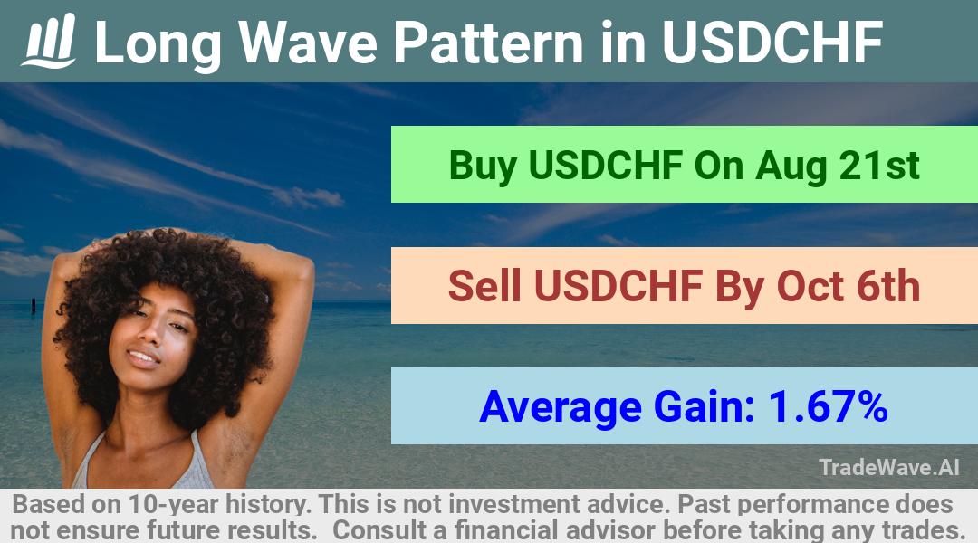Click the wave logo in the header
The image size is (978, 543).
(x=49, y=41)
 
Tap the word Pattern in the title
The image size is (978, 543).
(x=488, y=43)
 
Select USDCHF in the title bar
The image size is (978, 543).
(x=772, y=43)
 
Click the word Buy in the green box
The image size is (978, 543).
(x=483, y=167)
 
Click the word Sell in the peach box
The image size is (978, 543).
(x=484, y=286)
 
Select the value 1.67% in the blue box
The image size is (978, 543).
(x=828, y=406)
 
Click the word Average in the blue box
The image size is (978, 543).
(x=561, y=407)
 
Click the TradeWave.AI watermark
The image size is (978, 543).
(x=889, y=467)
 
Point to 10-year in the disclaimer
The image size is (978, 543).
(x=175, y=504)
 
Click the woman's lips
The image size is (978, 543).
(x=144, y=358)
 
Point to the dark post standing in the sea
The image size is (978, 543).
(x=34, y=306)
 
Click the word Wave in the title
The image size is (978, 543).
(x=308, y=43)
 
